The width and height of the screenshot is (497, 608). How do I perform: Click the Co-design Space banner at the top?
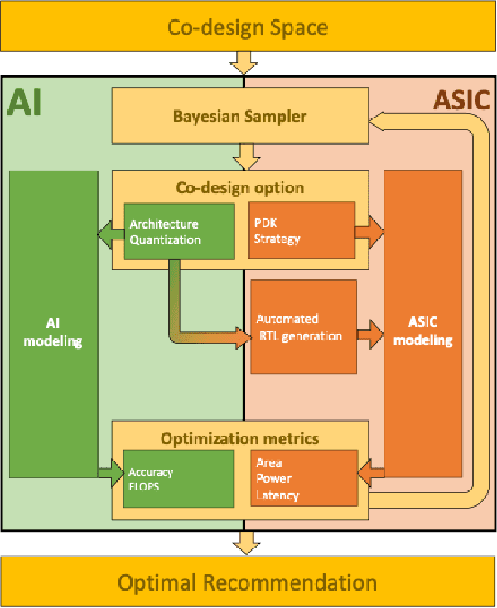248,27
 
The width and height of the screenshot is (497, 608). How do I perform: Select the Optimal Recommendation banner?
248,581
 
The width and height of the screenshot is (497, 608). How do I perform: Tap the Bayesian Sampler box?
239,116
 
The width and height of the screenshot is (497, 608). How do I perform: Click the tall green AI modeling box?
53,324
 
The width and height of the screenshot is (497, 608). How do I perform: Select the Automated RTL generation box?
303,327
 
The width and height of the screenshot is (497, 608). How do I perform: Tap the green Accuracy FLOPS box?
176,479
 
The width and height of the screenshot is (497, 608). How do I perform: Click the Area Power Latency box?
303,479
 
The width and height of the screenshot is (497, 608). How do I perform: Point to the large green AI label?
26,102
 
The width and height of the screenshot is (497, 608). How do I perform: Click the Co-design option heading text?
239,187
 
